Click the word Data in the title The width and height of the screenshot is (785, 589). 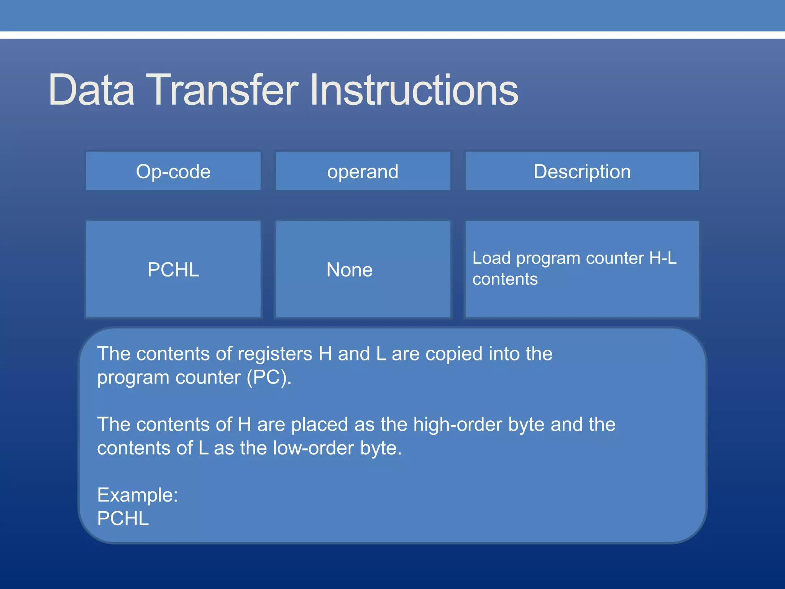tap(91, 90)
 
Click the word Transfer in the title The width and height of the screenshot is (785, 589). tap(222, 90)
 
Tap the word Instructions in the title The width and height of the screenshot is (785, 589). tap(414, 90)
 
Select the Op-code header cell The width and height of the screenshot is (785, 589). tap(173, 171)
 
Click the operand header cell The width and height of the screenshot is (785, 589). tap(363, 171)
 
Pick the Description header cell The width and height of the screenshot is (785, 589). tap(582, 171)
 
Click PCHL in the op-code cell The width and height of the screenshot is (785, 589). tap(173, 270)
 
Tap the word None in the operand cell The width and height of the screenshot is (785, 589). tap(349, 270)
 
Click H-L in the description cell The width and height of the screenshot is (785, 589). tap(663, 258)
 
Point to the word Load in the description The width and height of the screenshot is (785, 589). tap(491, 258)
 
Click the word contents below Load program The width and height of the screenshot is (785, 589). tap(505, 279)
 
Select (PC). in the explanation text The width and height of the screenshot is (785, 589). tap(269, 378)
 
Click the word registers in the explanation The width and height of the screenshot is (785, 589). tap(274, 354)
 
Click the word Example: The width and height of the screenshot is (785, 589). tap(137, 495)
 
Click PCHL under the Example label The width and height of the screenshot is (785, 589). tap(123, 518)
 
